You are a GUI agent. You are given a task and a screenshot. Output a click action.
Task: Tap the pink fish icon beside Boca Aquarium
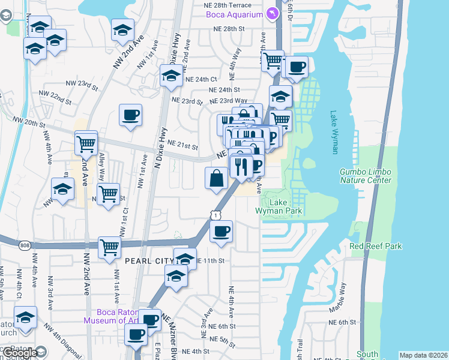point(272,13)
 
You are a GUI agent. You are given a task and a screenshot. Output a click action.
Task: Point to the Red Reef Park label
point(376,246)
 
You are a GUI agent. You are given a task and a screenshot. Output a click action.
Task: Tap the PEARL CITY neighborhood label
point(148,261)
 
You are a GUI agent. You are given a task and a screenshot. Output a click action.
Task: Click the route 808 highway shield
point(24,245)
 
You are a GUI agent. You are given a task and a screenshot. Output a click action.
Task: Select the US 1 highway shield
point(214,214)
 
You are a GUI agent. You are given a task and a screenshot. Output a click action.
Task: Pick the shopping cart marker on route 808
point(109,248)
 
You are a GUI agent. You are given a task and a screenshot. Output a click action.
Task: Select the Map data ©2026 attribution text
point(423,355)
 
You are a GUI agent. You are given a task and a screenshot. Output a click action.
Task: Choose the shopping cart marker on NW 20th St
point(86,143)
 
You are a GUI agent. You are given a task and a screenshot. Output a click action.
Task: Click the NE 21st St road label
point(183,145)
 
